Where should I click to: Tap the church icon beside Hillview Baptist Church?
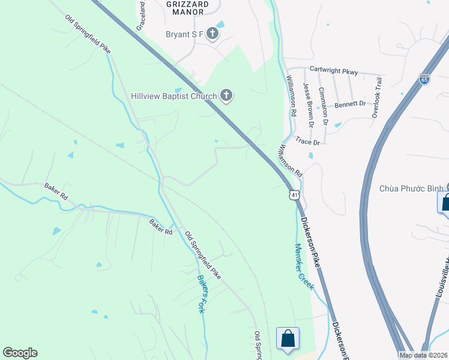pos(226,95)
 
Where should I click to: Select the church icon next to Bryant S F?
pos(212,34)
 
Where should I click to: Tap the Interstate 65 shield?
pos(424,79)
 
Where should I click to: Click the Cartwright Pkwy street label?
pos(334,71)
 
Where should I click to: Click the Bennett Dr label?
pos(350,104)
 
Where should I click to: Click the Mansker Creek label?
pos(304,266)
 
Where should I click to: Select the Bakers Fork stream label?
pos(202,294)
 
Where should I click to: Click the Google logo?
pos(20,353)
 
